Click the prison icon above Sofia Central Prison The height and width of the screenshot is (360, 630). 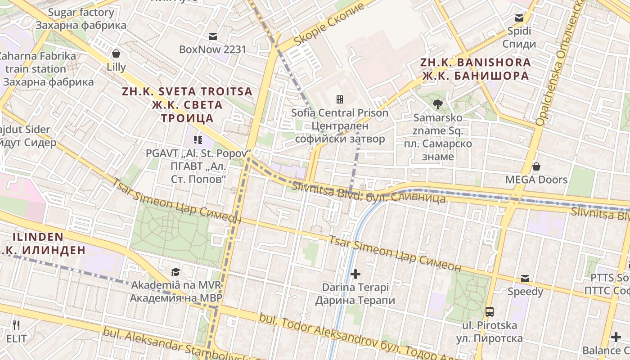[x=340, y=99]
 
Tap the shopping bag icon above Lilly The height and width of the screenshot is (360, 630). [x=116, y=54]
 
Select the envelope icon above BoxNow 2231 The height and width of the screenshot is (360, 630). [x=212, y=36]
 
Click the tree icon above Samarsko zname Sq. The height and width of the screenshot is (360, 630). [x=437, y=104]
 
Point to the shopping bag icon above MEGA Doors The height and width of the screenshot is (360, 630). [x=536, y=166]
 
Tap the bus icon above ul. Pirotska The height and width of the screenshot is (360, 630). [x=489, y=311]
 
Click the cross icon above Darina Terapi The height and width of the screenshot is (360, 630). [x=355, y=274]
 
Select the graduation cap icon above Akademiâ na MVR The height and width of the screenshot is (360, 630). [x=175, y=272]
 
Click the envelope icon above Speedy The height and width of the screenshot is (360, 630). [x=525, y=279]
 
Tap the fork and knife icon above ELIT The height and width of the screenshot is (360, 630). [x=16, y=325]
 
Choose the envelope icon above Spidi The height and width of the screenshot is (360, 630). [x=519, y=18]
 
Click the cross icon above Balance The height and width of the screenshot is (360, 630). [x=616, y=337]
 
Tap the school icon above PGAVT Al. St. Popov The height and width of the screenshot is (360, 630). [x=197, y=140]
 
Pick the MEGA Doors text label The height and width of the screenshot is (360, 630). [x=536, y=180]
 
